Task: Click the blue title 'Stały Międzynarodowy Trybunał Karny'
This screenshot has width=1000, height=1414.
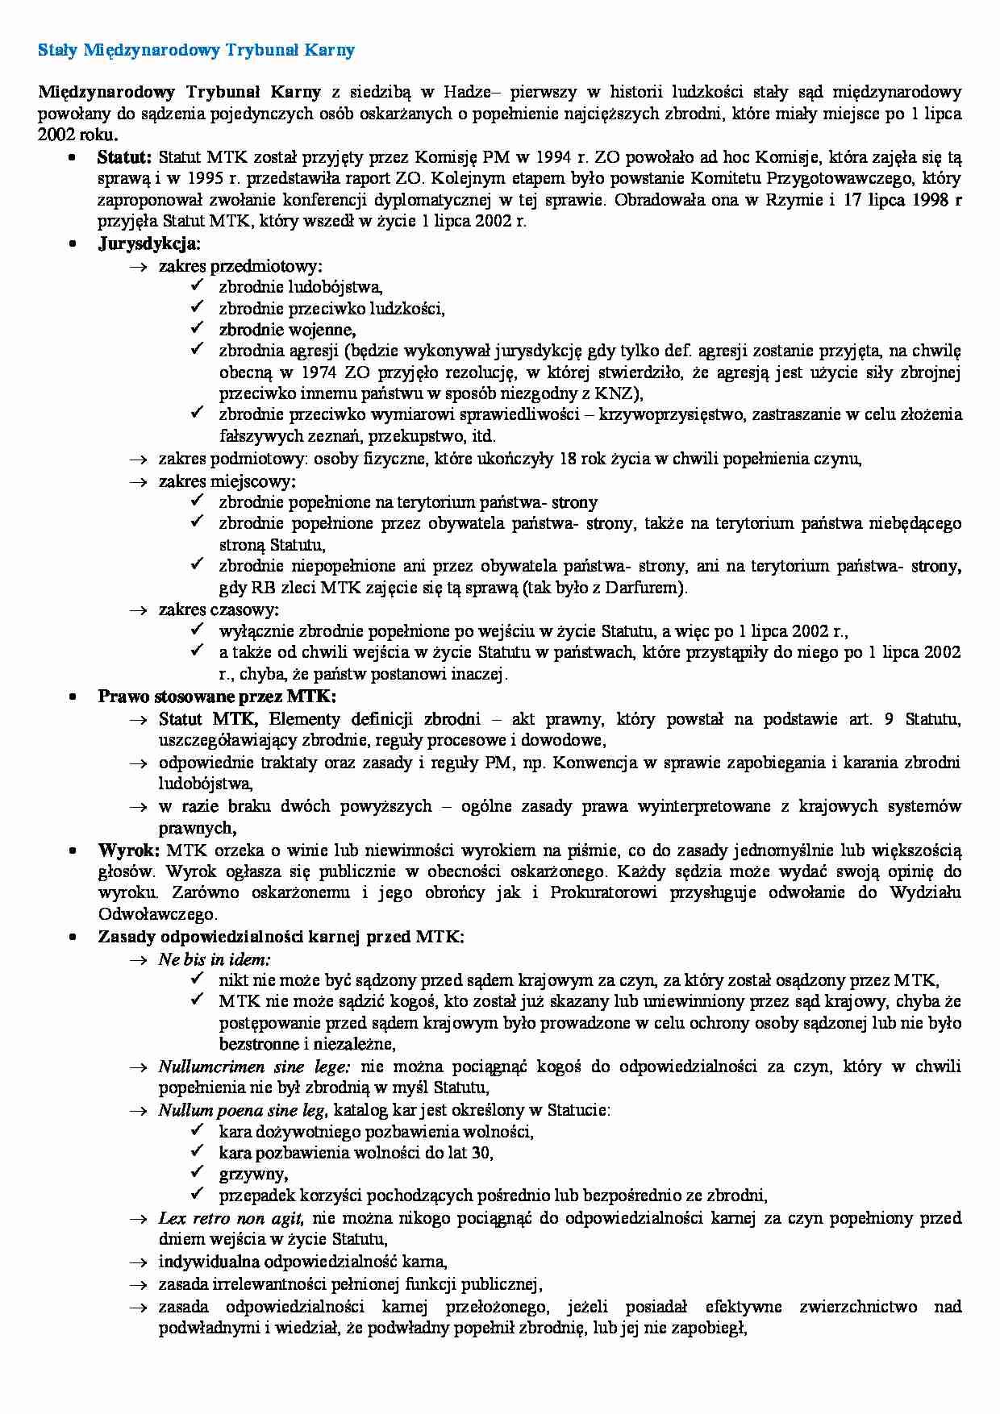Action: (x=197, y=51)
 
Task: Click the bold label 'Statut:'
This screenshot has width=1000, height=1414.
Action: (x=124, y=156)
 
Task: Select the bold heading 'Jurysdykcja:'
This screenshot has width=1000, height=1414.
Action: (x=149, y=243)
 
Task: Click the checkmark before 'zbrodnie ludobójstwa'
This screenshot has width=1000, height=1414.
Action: (x=198, y=286)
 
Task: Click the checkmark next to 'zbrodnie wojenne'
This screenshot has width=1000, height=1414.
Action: (x=198, y=329)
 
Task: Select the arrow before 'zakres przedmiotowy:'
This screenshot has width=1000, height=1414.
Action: (x=139, y=265)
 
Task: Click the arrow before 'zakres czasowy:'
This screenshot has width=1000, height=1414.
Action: (x=139, y=610)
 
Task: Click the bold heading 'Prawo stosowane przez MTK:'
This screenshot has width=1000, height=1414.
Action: (x=217, y=696)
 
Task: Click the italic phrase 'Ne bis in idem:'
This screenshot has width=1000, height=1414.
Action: (x=215, y=959)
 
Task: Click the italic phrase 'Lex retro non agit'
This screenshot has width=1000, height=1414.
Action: (x=231, y=1218)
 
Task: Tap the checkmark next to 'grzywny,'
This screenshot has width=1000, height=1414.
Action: (x=198, y=1174)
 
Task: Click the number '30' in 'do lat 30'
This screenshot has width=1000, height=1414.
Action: (x=481, y=1153)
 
